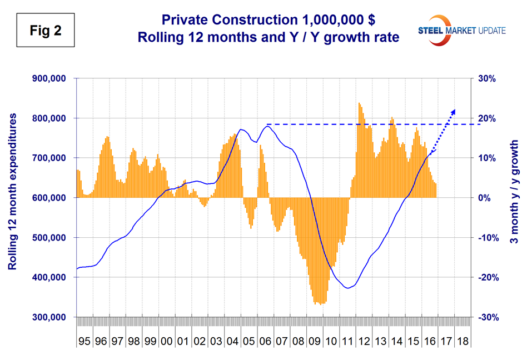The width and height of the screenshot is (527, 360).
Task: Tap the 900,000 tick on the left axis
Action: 48,78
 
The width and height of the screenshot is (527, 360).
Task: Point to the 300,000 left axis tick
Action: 48,317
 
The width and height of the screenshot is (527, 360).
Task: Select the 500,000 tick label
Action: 48,238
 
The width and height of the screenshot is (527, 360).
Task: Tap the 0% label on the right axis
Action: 482,198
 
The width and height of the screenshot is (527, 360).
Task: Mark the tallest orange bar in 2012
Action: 359,103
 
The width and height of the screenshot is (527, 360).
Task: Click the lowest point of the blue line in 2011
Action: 348,288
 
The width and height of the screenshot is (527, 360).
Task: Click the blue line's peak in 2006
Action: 267,126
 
